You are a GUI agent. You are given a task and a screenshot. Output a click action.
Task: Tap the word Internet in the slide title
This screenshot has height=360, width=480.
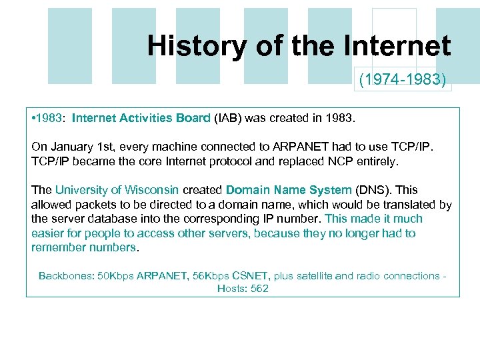(x=397, y=45)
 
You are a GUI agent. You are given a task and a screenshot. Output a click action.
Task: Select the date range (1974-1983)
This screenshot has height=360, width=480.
(x=403, y=81)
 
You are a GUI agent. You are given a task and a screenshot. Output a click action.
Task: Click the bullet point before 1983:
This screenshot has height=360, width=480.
(x=33, y=119)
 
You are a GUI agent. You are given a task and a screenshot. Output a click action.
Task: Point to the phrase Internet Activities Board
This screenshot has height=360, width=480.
(x=141, y=119)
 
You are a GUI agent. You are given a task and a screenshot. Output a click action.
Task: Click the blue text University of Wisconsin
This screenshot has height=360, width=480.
(x=117, y=190)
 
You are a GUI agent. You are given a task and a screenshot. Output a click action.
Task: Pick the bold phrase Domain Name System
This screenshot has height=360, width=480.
(x=288, y=190)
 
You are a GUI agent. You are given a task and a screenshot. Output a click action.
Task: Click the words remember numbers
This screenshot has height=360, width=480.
(x=83, y=247)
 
